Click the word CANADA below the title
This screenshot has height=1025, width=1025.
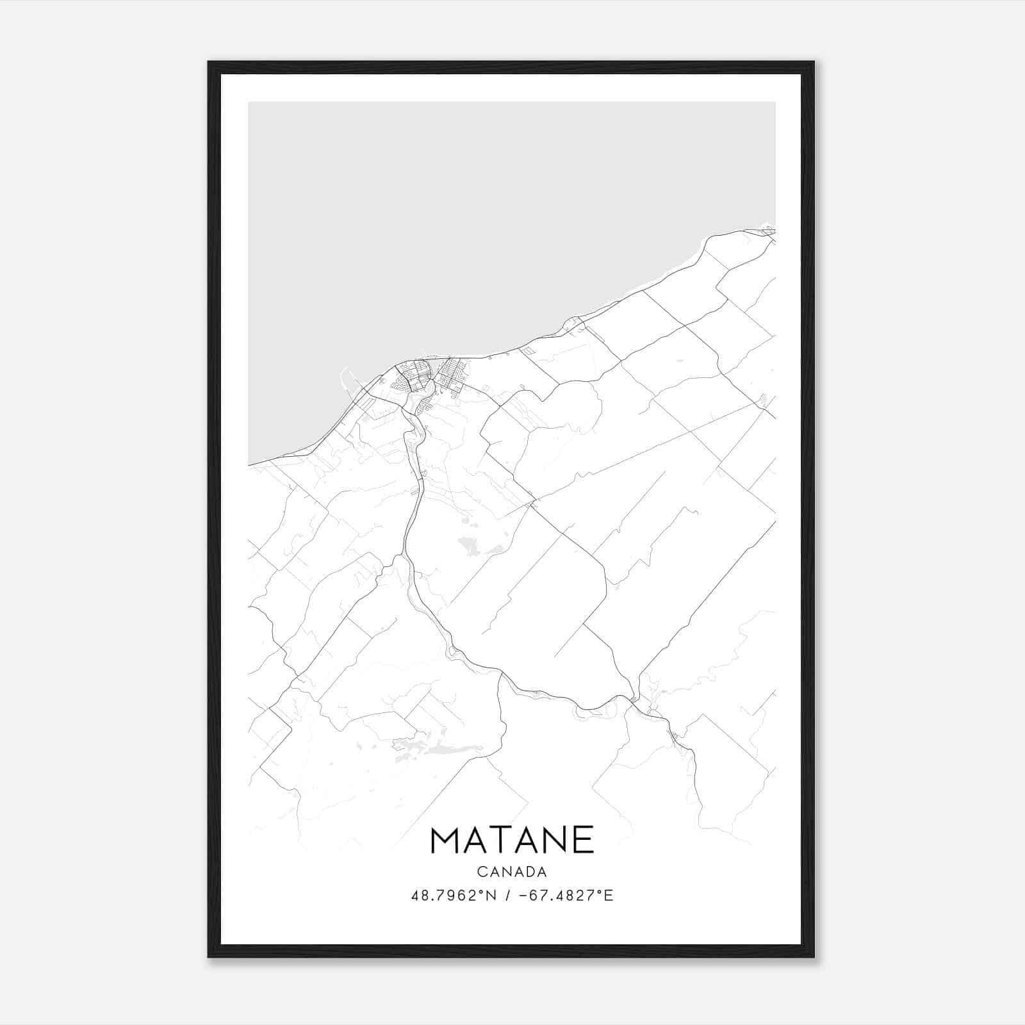click(512, 872)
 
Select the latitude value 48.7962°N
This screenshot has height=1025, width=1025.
click(454, 896)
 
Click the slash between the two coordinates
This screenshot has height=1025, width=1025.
click(507, 896)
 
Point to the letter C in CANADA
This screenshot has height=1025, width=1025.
click(480, 872)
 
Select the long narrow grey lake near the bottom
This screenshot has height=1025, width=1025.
click(442, 748)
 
